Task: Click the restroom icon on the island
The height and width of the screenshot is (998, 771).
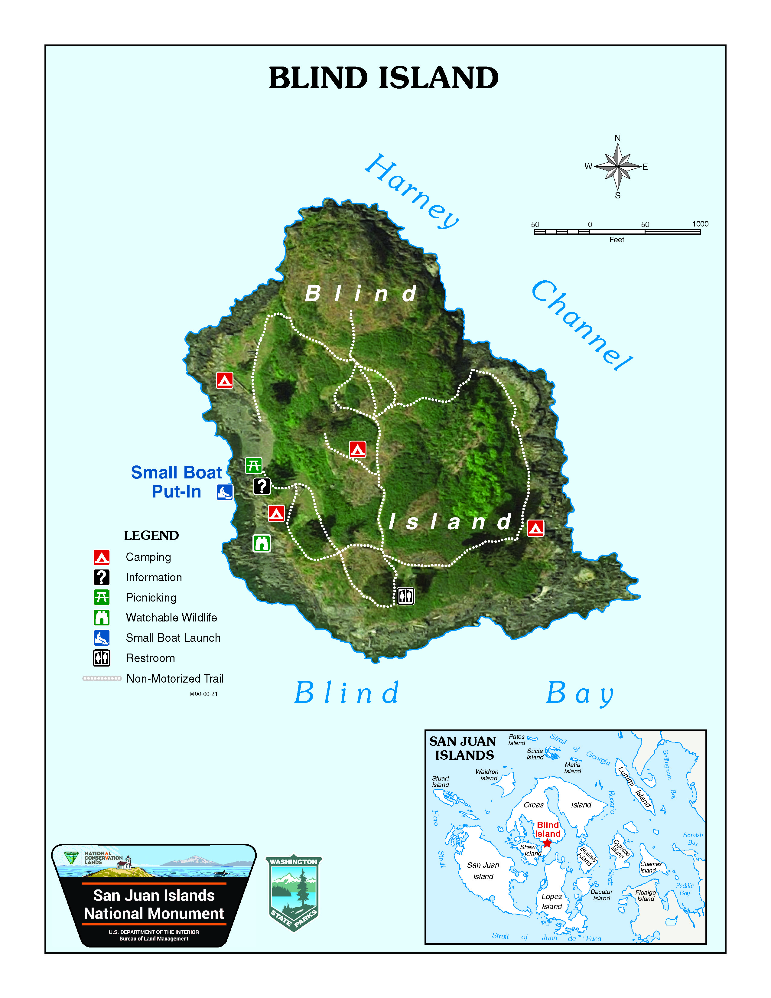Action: [x=405, y=596]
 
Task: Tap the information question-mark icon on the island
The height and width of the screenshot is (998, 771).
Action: [x=262, y=486]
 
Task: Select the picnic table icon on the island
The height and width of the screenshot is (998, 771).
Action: [x=253, y=466]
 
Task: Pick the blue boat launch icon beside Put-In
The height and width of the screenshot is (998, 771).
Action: [x=225, y=492]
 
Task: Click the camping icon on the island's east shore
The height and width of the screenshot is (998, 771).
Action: [x=535, y=528]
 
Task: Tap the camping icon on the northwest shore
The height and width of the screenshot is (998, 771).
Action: [x=224, y=380]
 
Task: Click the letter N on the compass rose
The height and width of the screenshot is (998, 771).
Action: [x=617, y=139]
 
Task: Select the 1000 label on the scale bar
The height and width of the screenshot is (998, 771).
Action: [x=700, y=224]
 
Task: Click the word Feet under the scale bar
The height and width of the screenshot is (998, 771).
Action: [x=616, y=240]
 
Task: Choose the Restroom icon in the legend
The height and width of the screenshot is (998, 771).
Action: [x=101, y=658]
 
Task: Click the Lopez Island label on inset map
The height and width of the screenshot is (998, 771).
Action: [x=552, y=901]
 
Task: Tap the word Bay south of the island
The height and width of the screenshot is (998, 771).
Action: [x=580, y=694]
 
